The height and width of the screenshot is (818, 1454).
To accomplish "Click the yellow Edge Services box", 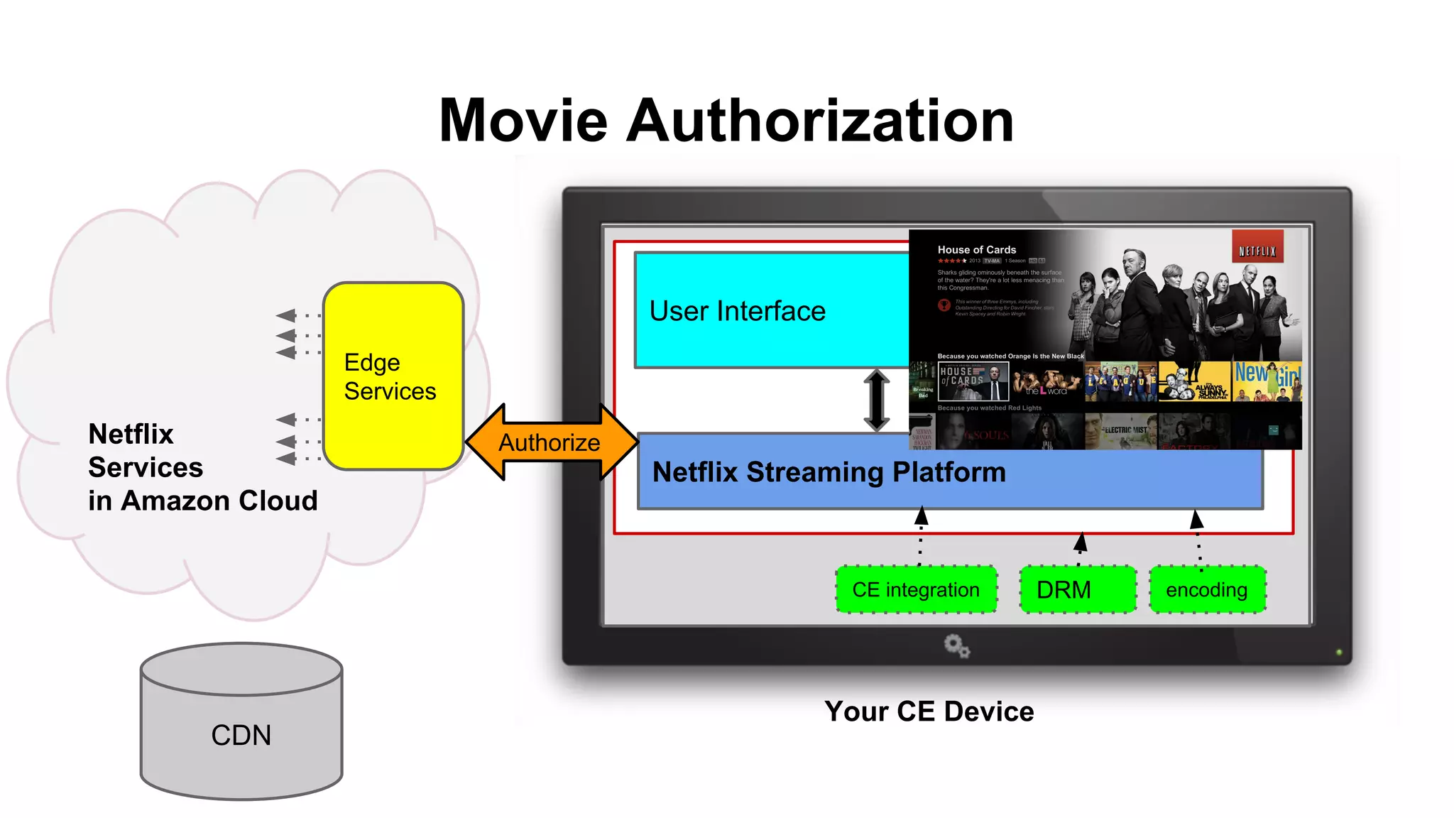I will (x=393, y=376).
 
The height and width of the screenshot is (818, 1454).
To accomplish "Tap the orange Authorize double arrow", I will (x=550, y=442).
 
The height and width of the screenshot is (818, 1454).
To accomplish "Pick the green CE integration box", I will (x=916, y=589).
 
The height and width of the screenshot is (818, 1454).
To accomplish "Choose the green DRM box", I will (x=1077, y=589).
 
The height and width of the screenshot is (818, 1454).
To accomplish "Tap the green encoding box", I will (x=1207, y=589).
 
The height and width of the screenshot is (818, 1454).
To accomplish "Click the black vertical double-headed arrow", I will (x=877, y=400).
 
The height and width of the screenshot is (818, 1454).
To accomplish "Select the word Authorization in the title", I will (x=820, y=121).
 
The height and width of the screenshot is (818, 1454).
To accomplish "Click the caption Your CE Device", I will (x=929, y=711).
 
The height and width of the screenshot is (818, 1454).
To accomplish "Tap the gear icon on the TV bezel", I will (x=956, y=646).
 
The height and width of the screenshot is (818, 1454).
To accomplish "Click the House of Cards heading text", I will (x=976, y=250).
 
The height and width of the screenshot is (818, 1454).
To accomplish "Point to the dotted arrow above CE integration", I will (x=921, y=535).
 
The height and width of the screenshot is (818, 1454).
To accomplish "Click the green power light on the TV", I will (x=1339, y=652).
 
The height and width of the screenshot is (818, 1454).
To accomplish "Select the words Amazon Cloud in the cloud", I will (x=219, y=501).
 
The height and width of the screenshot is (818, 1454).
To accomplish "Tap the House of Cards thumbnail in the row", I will (x=973, y=381).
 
